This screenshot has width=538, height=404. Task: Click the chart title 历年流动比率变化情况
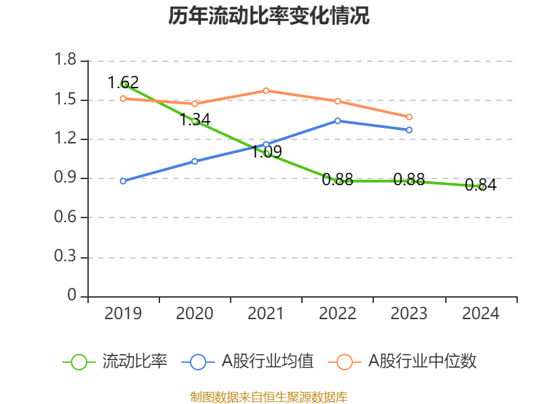click(x=269, y=16)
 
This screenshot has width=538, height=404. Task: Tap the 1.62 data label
click(x=123, y=83)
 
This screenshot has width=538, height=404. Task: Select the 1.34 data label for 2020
click(x=195, y=120)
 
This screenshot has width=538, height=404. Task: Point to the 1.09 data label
click(x=266, y=152)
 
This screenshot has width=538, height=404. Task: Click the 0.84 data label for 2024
click(x=481, y=185)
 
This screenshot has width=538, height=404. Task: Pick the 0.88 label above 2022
click(x=338, y=180)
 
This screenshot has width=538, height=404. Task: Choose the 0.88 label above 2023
click(x=409, y=179)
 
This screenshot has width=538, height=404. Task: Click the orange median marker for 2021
click(x=266, y=90)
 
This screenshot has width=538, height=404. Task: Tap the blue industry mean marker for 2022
click(x=338, y=121)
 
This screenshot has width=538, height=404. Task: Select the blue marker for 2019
click(x=123, y=181)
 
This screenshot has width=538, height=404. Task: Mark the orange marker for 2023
click(x=409, y=117)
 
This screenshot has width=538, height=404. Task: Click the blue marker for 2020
click(x=195, y=161)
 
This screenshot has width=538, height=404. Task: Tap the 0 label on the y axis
click(x=73, y=296)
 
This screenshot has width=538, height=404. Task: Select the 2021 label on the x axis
click(x=266, y=314)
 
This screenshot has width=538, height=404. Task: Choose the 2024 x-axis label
click(x=481, y=314)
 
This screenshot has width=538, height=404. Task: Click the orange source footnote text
click(x=269, y=397)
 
